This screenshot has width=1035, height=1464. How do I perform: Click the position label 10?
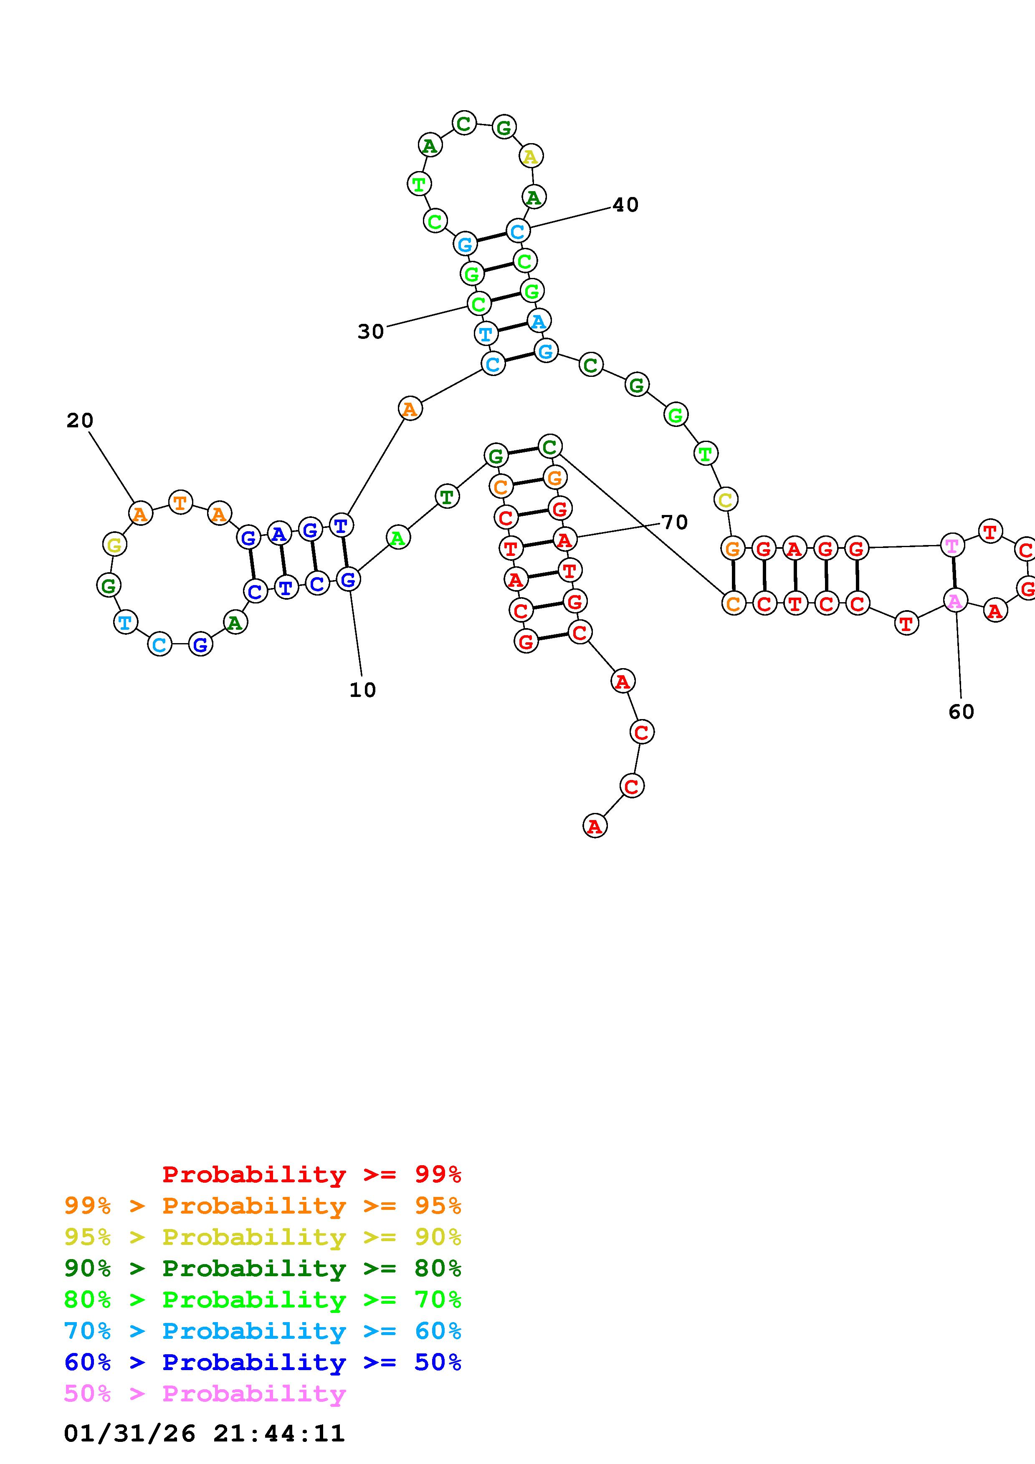click(362, 690)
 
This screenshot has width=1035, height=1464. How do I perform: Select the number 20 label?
click(80, 421)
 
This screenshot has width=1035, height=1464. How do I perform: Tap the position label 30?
click(370, 331)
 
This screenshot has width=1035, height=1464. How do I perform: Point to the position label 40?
click(625, 204)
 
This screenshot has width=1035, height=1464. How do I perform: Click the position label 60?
click(961, 712)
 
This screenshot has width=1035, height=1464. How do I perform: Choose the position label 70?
click(674, 522)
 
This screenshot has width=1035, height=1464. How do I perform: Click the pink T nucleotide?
click(951, 546)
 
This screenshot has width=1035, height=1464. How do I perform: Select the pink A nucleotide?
click(955, 601)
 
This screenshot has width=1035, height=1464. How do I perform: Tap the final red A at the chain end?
click(595, 826)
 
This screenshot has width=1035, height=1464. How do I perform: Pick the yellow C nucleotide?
click(725, 499)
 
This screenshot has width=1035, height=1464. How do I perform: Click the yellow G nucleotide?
click(114, 545)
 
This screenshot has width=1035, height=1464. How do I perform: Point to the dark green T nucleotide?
click(447, 496)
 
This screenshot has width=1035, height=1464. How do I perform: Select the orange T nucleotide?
click(180, 502)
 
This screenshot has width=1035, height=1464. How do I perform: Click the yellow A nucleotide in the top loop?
click(530, 156)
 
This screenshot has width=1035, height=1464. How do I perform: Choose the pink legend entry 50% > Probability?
click(204, 1394)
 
